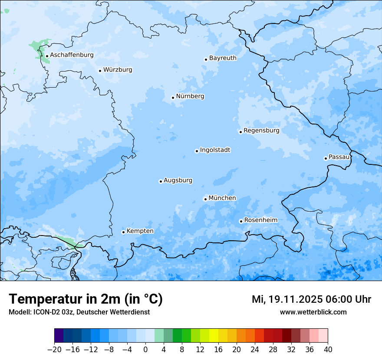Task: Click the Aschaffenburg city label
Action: (x=72, y=55)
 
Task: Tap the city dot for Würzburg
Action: (x=100, y=71)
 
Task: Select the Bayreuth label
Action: (x=223, y=58)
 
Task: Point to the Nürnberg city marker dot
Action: (x=173, y=98)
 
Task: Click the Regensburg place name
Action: (x=261, y=131)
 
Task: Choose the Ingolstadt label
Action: (x=215, y=150)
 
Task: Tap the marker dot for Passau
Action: (x=326, y=158)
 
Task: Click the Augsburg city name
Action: (x=178, y=180)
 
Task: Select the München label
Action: (x=222, y=198)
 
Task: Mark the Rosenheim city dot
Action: (x=241, y=221)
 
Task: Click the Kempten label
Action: (x=140, y=231)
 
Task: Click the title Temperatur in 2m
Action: (x=86, y=299)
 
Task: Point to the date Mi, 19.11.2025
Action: (x=287, y=299)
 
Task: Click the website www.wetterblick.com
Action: (x=313, y=312)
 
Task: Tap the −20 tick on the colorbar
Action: (x=54, y=350)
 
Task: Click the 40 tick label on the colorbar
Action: (x=328, y=350)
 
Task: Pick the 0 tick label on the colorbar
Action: (x=145, y=350)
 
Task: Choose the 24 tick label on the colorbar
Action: (x=255, y=350)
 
